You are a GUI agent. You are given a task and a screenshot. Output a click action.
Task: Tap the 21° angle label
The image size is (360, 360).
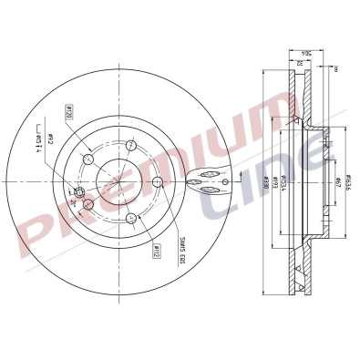click(73, 201)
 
